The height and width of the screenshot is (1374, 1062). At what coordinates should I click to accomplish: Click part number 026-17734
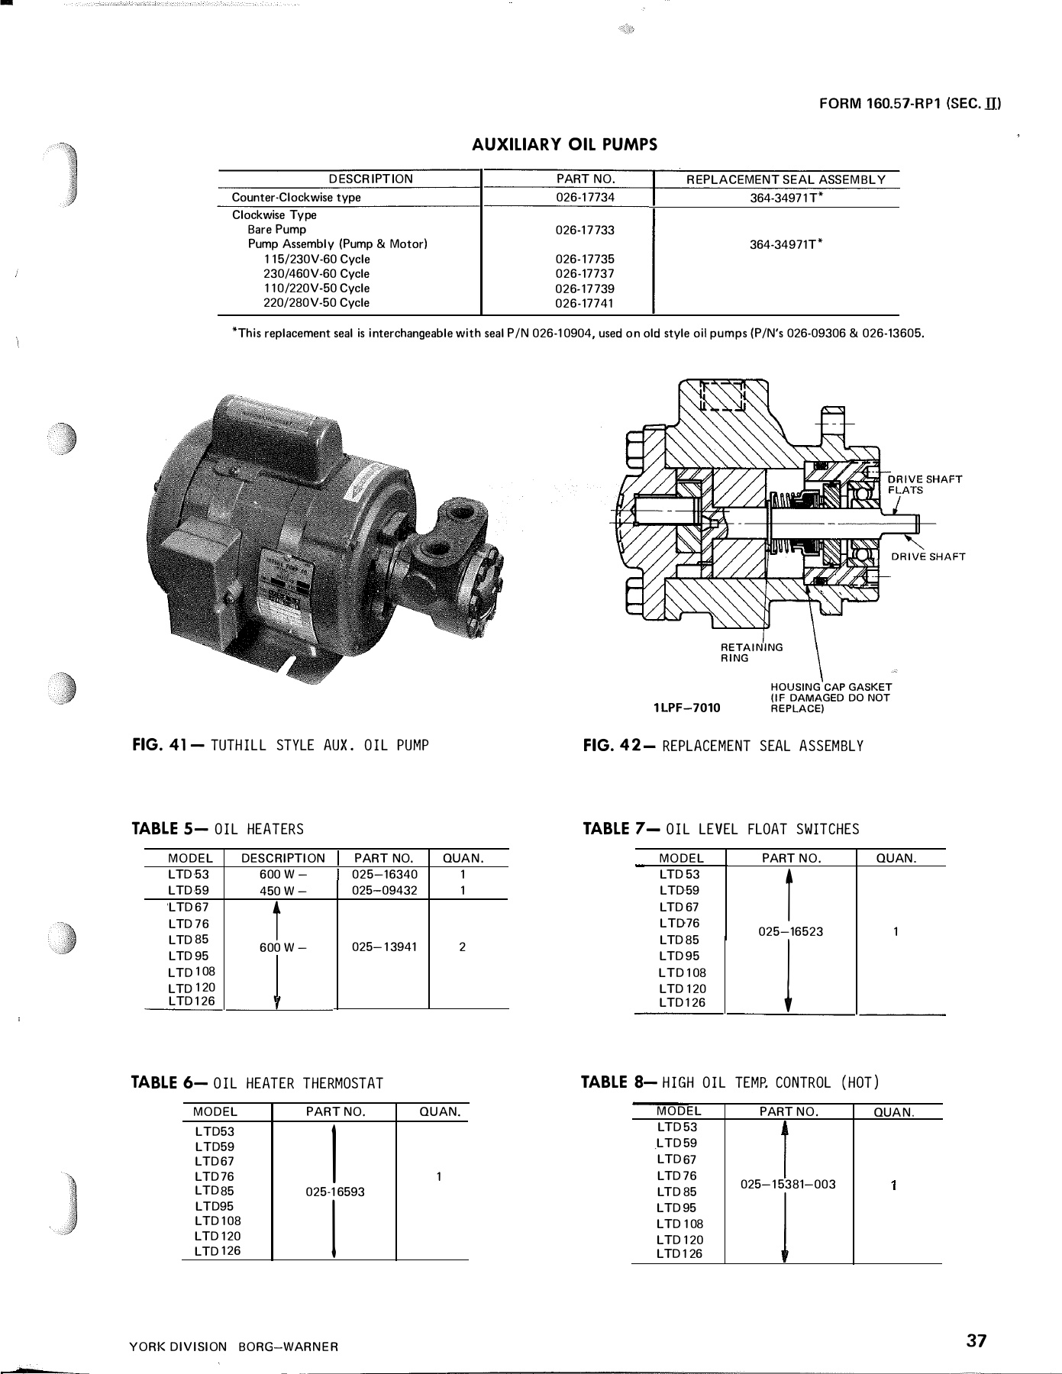click(585, 197)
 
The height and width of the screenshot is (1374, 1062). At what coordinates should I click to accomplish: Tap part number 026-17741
click(585, 303)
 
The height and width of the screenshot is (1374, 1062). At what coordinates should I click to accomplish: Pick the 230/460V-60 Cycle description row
click(316, 273)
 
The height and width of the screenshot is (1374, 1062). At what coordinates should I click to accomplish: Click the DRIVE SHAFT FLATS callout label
click(923, 485)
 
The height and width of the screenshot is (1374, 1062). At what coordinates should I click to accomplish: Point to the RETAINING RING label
click(751, 653)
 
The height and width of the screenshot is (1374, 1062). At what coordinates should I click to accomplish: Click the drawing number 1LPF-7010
click(686, 707)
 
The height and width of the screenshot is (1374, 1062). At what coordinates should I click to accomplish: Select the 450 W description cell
click(282, 890)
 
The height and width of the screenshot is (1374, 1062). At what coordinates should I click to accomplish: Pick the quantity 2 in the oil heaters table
click(463, 947)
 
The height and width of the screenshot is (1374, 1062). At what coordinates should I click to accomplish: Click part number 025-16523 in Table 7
click(791, 931)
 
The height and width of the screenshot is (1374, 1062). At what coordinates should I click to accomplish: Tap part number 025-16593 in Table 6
click(334, 1192)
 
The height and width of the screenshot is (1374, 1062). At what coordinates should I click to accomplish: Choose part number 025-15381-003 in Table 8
click(788, 1185)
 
